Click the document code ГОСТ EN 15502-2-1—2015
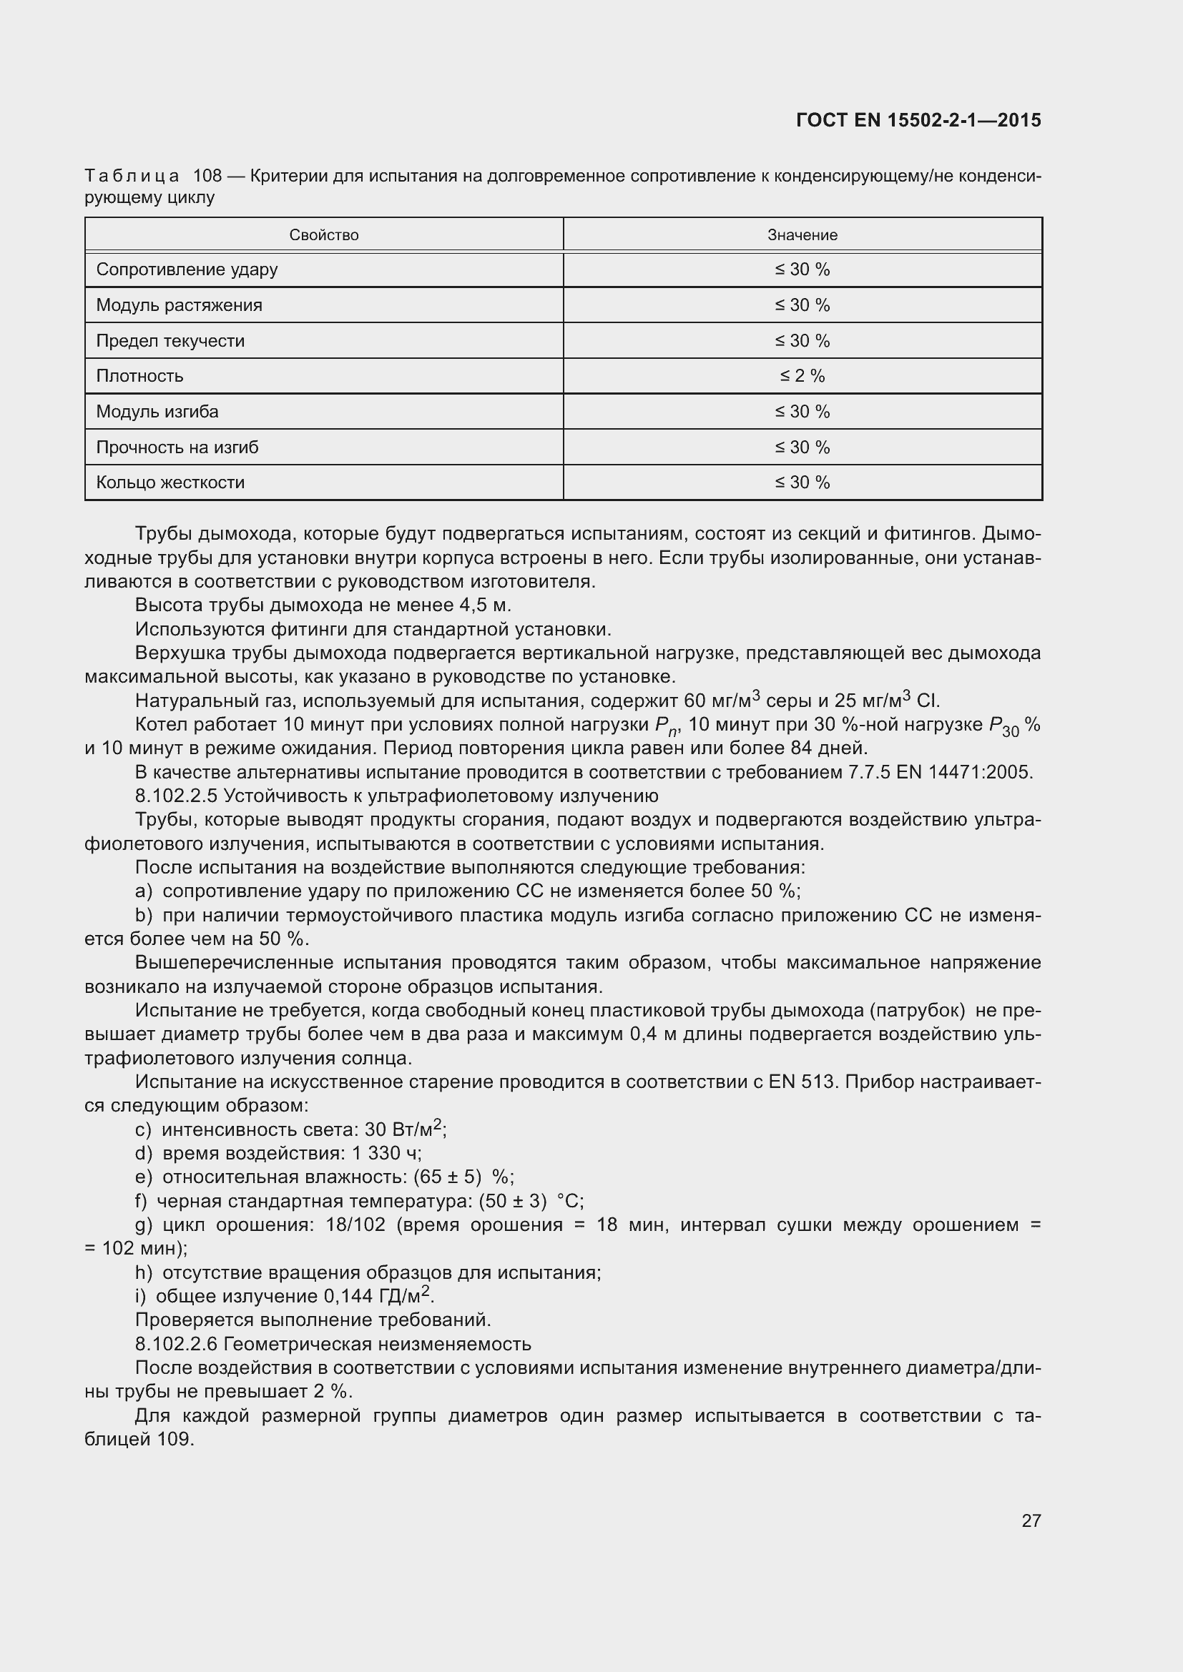click(918, 120)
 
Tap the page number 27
click(1031, 1520)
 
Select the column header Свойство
click(323, 235)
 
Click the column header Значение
click(802, 235)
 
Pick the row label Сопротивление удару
click(187, 269)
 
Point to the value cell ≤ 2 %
click(802, 377)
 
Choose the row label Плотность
click(139, 377)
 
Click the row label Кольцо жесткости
click(170, 483)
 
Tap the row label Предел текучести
click(170, 341)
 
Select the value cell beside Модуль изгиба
click(802, 412)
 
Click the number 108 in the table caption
click(207, 176)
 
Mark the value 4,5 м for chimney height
click(485, 605)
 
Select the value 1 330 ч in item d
click(386, 1154)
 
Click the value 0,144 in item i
click(348, 1297)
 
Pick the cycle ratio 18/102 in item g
click(355, 1225)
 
